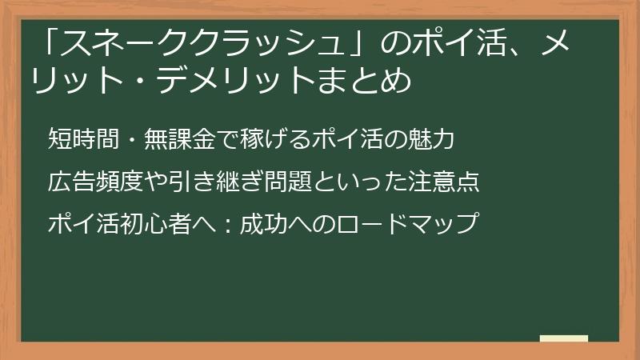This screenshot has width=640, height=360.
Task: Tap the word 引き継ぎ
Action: point(203,182)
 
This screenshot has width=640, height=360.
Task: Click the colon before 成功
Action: point(228,224)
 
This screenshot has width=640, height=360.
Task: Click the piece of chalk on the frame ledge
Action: point(563,339)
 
